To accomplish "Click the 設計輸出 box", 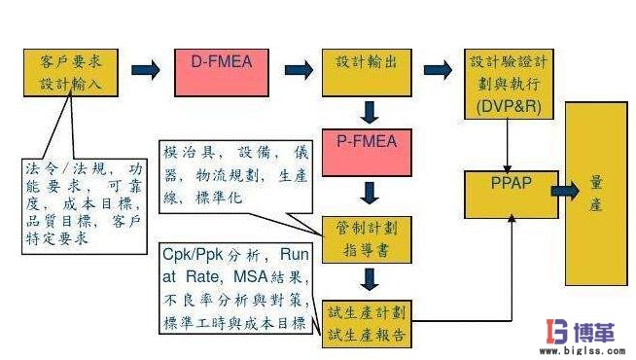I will click(x=368, y=70).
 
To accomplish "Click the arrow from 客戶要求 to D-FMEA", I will click(x=147, y=70).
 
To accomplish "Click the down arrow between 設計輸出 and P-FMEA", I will click(x=369, y=110).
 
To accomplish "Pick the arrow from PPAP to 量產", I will click(x=563, y=191).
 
